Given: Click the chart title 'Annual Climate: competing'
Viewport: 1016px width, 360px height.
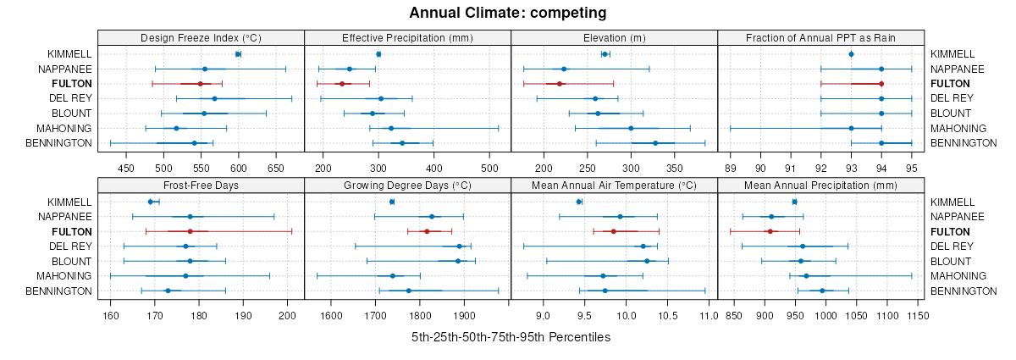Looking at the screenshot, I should pos(508,13).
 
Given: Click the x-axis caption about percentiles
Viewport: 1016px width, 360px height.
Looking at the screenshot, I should pos(511,337).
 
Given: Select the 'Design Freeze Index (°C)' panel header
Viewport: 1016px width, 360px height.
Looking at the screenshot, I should pos(201,37).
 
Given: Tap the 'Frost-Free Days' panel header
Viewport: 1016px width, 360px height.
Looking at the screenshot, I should pos(201,185).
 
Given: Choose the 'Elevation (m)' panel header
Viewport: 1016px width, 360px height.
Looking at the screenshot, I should pos(614,37).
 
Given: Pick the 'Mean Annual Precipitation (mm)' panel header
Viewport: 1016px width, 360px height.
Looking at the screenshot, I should pos(820,185).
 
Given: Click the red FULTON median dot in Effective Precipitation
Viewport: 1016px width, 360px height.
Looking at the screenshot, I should pos(342,84).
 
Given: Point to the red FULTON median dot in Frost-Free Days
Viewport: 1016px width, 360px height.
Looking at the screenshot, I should pos(190,231).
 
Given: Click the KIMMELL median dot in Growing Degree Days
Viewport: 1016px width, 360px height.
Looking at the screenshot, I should pos(392,202).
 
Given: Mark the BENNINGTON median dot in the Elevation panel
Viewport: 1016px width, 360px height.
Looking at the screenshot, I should pos(655,143).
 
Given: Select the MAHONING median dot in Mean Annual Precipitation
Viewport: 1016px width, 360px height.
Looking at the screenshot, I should pos(806,276).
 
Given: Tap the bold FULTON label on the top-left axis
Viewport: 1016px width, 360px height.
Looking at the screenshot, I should pos(71,84).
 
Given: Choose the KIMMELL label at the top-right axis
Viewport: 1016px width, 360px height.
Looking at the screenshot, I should pos(953,54).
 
